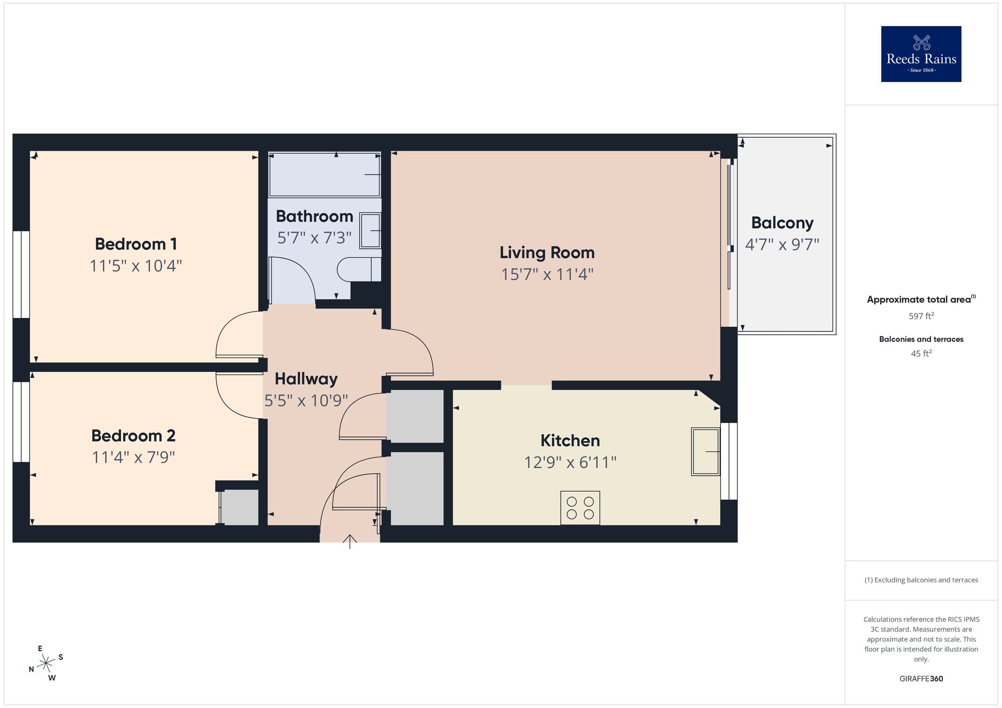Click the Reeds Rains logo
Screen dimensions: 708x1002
(x=921, y=54)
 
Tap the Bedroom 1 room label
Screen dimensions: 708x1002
(x=136, y=244)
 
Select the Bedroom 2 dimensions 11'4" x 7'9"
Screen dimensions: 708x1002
(x=133, y=457)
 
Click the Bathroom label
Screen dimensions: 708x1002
(x=314, y=216)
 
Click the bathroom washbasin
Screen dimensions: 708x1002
(x=370, y=230)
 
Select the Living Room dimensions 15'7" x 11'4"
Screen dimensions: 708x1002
(x=547, y=274)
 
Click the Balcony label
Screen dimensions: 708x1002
(x=782, y=223)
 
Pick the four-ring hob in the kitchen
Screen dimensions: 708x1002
(x=580, y=508)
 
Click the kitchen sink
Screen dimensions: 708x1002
(x=705, y=451)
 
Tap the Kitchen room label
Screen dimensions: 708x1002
(x=570, y=441)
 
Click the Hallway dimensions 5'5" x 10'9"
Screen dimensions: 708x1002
(x=306, y=401)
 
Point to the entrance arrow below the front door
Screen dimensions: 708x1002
(x=350, y=541)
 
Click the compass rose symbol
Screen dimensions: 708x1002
(x=46, y=663)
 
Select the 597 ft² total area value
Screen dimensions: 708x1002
(x=921, y=316)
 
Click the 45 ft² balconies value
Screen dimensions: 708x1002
(x=921, y=353)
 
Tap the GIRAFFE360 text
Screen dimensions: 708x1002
(x=921, y=679)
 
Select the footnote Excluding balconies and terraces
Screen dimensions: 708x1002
(x=921, y=580)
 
